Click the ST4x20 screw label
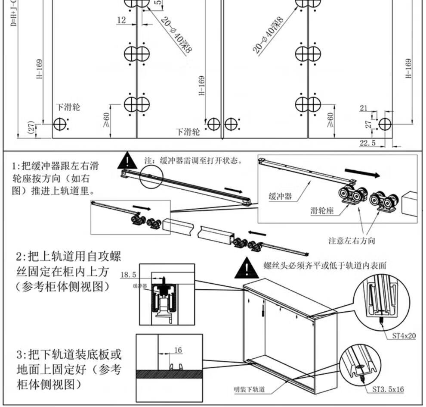pos(404,335)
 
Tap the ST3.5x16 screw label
pos(388,389)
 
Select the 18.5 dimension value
pos(129,274)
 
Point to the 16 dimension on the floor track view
pos(178,350)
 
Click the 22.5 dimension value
pos(367,143)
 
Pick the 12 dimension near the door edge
pos(121,20)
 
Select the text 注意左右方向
pos(351,241)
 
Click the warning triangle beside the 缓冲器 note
pos(127,161)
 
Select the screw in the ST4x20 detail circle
pos(382,320)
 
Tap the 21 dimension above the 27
pos(364,108)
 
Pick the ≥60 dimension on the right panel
pos(330,119)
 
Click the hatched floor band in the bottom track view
pos(169,374)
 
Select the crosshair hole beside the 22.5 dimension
pos(385,124)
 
